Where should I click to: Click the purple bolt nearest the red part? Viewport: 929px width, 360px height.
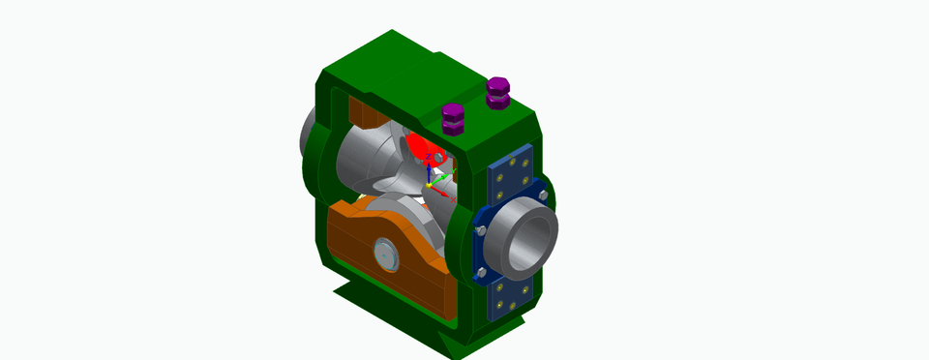452,118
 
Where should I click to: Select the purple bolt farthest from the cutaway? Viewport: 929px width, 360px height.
497,94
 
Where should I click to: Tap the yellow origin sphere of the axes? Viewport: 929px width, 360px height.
429,185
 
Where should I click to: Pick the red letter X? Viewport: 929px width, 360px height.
453,199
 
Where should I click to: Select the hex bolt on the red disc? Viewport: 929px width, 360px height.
438,155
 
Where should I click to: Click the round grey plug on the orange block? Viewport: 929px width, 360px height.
384,256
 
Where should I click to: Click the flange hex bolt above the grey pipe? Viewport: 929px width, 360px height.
542,195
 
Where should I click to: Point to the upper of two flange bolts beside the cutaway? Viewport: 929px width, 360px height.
481,231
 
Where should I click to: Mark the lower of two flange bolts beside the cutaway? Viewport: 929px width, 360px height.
481,273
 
